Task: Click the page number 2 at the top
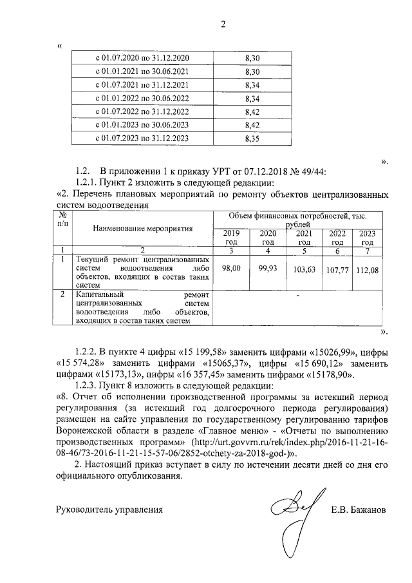(223, 25)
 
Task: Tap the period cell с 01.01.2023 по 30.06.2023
(142, 125)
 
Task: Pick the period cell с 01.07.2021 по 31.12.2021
(142, 84)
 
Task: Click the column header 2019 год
(231, 237)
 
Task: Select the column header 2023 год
(368, 237)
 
